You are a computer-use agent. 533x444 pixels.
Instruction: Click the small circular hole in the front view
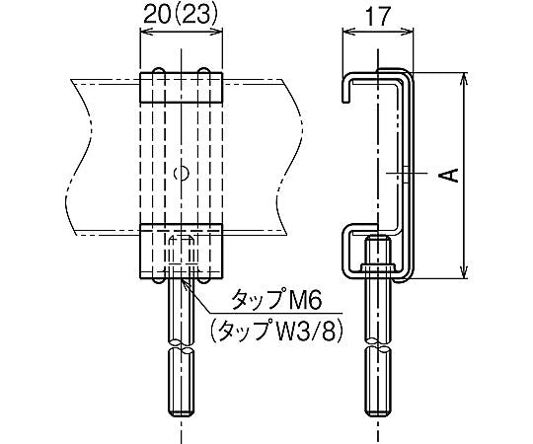[180, 174]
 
